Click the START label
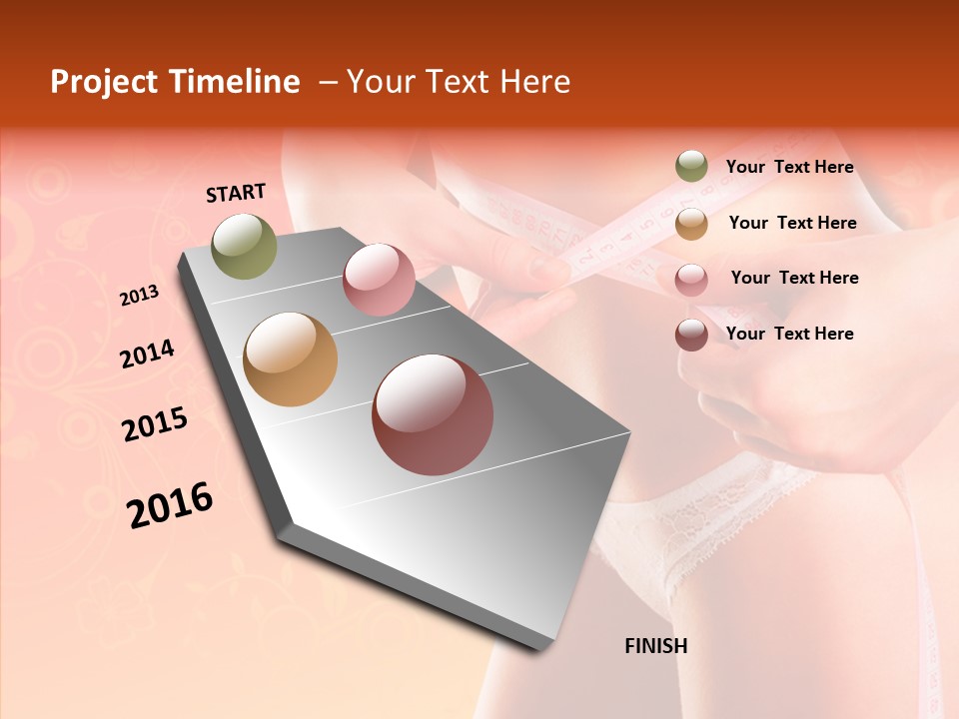[236, 193]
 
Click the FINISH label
[656, 646]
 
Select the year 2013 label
[140, 296]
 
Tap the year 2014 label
[148, 354]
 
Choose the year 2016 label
[170, 505]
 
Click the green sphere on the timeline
[245, 246]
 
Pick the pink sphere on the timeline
[379, 280]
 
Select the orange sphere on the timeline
[291, 359]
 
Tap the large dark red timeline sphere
[433, 414]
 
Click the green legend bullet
[691, 167]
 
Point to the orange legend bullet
[691, 223]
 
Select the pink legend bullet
[691, 279]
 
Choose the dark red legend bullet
[691, 335]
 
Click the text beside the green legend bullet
[789, 167]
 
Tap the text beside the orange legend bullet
[792, 223]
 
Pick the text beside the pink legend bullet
[794, 278]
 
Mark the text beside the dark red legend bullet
[789, 334]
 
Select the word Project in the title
[104, 82]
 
